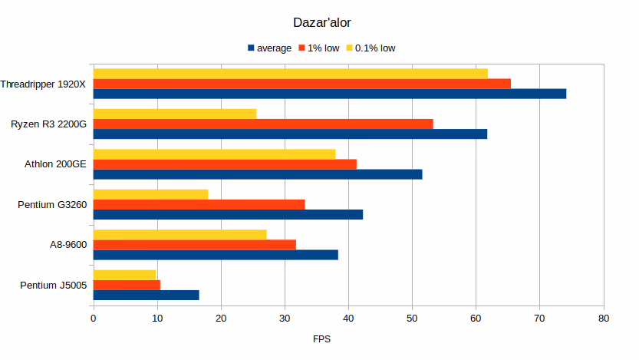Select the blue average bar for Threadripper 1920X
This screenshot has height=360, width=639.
pyautogui.click(x=330, y=94)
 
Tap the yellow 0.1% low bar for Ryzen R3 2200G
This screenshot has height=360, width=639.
pyautogui.click(x=175, y=114)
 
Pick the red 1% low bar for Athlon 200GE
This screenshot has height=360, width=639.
pyautogui.click(x=225, y=164)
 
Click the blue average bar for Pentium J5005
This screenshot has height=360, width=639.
pyautogui.click(x=147, y=295)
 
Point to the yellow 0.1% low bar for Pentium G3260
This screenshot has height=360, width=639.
pyautogui.click(x=150, y=194)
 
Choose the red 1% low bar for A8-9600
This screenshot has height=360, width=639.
pyautogui.click(x=195, y=245)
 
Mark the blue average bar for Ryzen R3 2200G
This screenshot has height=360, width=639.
pyautogui.click(x=290, y=134)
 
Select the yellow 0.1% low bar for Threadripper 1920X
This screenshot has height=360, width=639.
pyautogui.click(x=291, y=74)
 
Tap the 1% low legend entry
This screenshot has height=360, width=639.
pyautogui.click(x=321, y=48)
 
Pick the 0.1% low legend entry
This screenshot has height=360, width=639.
pyautogui.click(x=375, y=48)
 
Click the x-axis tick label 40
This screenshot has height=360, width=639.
pyautogui.click(x=348, y=318)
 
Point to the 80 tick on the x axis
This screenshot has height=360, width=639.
pyautogui.click(x=603, y=318)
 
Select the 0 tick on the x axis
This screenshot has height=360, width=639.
pyautogui.click(x=94, y=318)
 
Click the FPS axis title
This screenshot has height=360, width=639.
pyautogui.click(x=322, y=339)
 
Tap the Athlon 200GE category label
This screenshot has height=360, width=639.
pyautogui.click(x=56, y=163)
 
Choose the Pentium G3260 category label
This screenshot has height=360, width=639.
pyautogui.click(x=52, y=204)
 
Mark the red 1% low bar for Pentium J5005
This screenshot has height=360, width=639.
pyautogui.click(x=127, y=285)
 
